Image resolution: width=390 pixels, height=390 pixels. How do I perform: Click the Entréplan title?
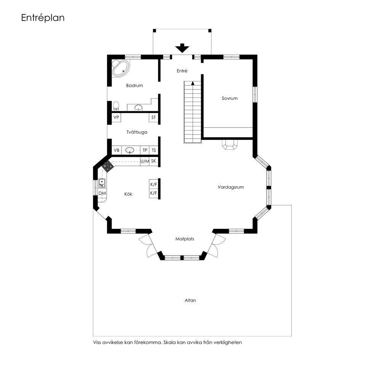[x=42, y=18]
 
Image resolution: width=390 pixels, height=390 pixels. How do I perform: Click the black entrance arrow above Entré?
[x=182, y=48]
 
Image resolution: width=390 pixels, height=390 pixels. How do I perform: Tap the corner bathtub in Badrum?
[x=120, y=67]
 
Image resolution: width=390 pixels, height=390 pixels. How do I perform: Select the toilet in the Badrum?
[x=116, y=105]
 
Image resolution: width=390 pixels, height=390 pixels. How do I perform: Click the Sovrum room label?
[x=230, y=98]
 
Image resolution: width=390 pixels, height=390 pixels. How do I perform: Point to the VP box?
[x=116, y=117]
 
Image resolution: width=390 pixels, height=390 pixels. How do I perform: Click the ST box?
[x=153, y=117]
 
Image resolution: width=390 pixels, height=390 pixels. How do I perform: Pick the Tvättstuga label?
[x=137, y=132]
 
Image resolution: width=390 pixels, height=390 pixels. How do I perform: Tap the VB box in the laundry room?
[x=116, y=150]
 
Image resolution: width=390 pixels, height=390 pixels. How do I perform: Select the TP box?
[x=145, y=150]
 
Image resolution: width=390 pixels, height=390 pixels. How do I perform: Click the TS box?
[x=154, y=150]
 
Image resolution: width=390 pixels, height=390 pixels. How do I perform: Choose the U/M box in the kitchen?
[x=144, y=161]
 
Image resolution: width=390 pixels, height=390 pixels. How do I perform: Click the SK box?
[x=154, y=161]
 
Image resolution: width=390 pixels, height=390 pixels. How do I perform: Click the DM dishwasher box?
[x=102, y=193]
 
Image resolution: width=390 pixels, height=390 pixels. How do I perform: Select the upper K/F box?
[x=153, y=184]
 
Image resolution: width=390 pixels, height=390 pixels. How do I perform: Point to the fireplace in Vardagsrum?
[x=230, y=145]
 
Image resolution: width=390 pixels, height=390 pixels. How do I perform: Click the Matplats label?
[x=185, y=239]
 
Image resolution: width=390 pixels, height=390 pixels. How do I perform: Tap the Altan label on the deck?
[x=190, y=300]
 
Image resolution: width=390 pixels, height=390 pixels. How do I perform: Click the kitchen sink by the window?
[x=102, y=183]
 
